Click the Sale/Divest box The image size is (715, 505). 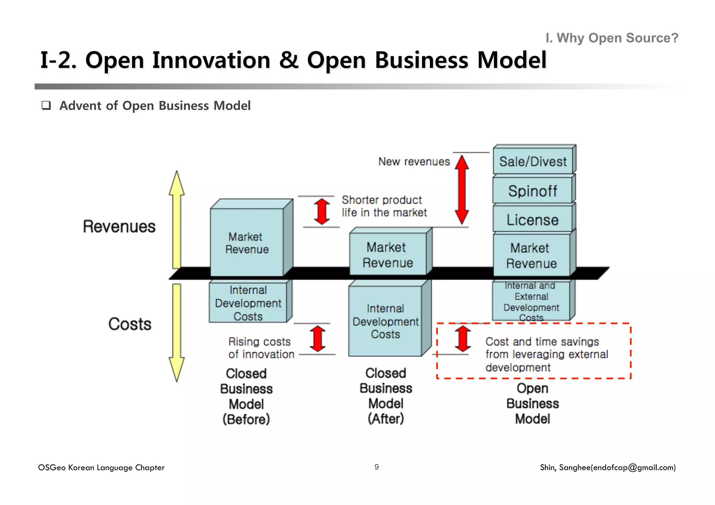[x=533, y=161]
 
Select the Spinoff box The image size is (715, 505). [x=532, y=191]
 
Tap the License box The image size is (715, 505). [x=532, y=220]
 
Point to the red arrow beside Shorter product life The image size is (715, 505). [x=322, y=211]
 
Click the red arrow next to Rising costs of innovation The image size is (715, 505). [x=318, y=339]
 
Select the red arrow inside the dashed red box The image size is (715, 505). [x=463, y=339]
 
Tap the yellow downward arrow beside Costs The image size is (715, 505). [x=177, y=332]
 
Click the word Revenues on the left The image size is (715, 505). [x=119, y=226]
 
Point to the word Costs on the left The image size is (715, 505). [x=130, y=324]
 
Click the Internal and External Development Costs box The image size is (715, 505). [x=531, y=301]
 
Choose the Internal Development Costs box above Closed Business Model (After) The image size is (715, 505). [x=385, y=321]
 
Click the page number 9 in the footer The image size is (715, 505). [x=376, y=467]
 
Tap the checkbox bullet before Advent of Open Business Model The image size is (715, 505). [x=46, y=105]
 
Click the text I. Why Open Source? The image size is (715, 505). [x=612, y=38]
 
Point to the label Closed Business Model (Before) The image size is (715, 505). [x=246, y=396]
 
